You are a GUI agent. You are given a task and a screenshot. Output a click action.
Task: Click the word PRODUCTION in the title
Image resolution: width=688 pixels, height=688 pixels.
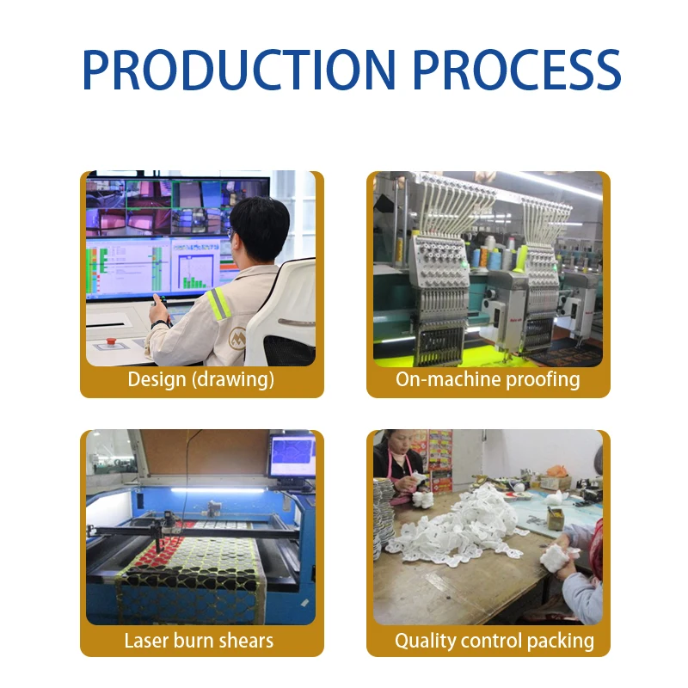pyautogui.click(x=239, y=70)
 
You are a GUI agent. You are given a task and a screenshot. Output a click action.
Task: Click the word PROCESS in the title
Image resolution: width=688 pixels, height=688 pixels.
pyautogui.click(x=517, y=70)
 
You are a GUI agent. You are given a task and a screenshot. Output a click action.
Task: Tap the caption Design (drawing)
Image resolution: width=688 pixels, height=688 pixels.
pyautogui.click(x=201, y=379)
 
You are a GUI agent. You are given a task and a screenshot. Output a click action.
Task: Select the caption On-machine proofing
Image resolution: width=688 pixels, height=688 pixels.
pyautogui.click(x=488, y=379)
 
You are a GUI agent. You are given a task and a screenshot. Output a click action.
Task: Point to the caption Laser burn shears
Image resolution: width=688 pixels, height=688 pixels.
pyautogui.click(x=199, y=641)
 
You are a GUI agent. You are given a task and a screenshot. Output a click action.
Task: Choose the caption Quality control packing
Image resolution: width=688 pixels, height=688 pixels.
pyautogui.click(x=494, y=641)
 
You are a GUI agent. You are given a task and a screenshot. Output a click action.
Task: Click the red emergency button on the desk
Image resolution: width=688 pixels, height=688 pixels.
pyautogui.click(x=111, y=341)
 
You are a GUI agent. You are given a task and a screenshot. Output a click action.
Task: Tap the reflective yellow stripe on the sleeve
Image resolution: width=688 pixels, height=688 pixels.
pyautogui.click(x=218, y=303)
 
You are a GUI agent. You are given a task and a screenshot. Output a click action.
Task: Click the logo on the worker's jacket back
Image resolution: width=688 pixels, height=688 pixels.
pyautogui.click(x=237, y=338)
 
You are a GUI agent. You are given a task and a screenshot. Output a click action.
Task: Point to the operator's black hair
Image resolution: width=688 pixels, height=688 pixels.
pyautogui.click(x=261, y=227)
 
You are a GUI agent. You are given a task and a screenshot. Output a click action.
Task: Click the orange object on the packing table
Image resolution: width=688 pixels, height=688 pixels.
pyautogui.click(x=556, y=471)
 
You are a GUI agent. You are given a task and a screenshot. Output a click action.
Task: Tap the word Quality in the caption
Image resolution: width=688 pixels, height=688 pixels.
pyautogui.click(x=426, y=641)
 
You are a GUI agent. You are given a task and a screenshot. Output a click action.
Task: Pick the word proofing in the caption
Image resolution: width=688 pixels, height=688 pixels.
pyautogui.click(x=543, y=380)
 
